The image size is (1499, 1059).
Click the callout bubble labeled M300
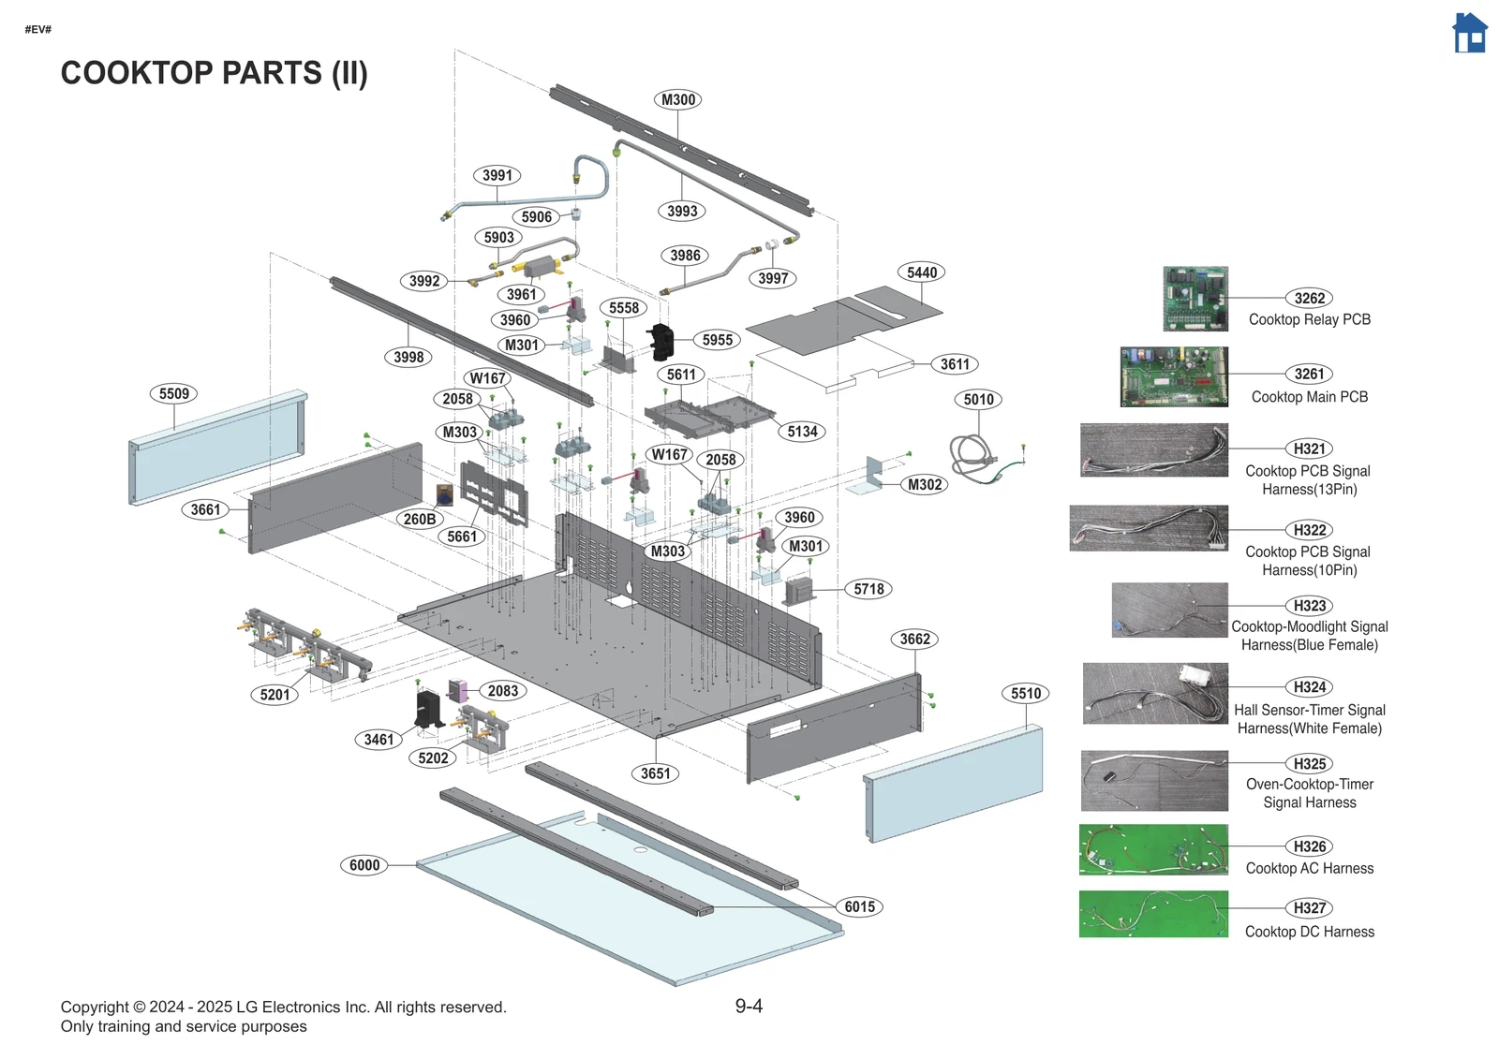click(678, 99)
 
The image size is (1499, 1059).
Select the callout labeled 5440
click(922, 272)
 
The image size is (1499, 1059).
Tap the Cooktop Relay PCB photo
click(1195, 299)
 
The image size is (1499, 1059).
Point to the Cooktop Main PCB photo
click(1174, 376)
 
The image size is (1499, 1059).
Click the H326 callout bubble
click(1309, 846)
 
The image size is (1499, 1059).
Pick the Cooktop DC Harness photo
click(1153, 914)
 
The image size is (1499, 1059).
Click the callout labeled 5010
click(978, 400)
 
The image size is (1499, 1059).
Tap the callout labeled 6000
click(364, 865)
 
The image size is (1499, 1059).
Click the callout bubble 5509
click(174, 394)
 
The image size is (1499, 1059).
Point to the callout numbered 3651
click(656, 773)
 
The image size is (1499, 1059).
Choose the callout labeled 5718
click(868, 589)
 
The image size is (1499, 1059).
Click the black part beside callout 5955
click(661, 343)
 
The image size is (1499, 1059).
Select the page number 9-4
click(749, 1006)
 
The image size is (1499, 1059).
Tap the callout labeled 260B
click(419, 519)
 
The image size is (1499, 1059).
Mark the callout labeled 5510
click(1026, 694)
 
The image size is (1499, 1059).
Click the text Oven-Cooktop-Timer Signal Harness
click(1309, 793)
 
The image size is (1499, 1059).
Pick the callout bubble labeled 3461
click(378, 740)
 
